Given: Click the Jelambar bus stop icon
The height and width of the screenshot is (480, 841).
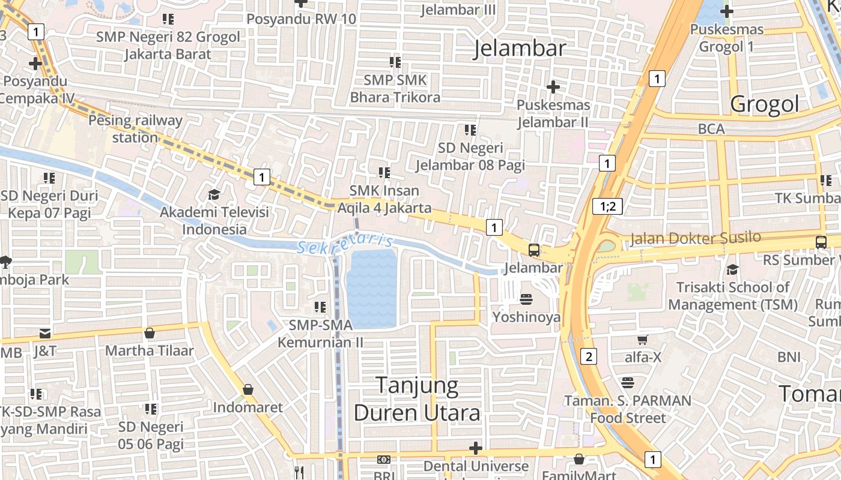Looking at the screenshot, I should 533,250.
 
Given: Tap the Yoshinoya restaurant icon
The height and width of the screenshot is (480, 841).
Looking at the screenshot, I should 526,299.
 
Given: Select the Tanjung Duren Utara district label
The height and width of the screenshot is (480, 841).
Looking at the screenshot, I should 417,399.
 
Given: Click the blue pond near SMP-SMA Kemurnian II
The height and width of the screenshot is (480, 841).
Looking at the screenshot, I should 372,288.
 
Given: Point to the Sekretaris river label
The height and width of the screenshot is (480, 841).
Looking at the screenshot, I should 345,244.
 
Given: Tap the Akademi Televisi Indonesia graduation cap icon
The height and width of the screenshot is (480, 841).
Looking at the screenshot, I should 213,194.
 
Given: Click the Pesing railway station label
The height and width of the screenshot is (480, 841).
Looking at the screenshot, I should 135,128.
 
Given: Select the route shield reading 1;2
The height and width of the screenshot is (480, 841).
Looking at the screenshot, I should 607,206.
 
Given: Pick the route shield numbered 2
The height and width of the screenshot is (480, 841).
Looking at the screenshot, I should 589,356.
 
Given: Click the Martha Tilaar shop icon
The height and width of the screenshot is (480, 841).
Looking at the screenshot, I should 150,333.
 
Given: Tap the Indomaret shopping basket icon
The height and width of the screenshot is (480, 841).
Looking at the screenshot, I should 247,390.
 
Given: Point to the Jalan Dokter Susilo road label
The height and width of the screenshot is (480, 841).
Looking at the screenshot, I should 695,238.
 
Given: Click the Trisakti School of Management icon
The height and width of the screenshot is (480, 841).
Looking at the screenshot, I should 732,269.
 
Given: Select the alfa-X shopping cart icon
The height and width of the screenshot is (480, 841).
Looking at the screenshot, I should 642,340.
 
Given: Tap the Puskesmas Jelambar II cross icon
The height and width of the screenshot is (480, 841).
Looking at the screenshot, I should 553,87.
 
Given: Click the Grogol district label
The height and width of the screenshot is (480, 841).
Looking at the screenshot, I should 765,104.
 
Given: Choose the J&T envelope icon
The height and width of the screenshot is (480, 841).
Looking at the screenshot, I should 45,333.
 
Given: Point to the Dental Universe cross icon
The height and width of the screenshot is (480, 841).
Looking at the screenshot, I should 476,448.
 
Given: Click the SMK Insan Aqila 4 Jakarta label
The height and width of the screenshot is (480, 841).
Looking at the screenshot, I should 390,199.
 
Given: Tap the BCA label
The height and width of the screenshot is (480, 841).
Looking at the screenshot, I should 711,129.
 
